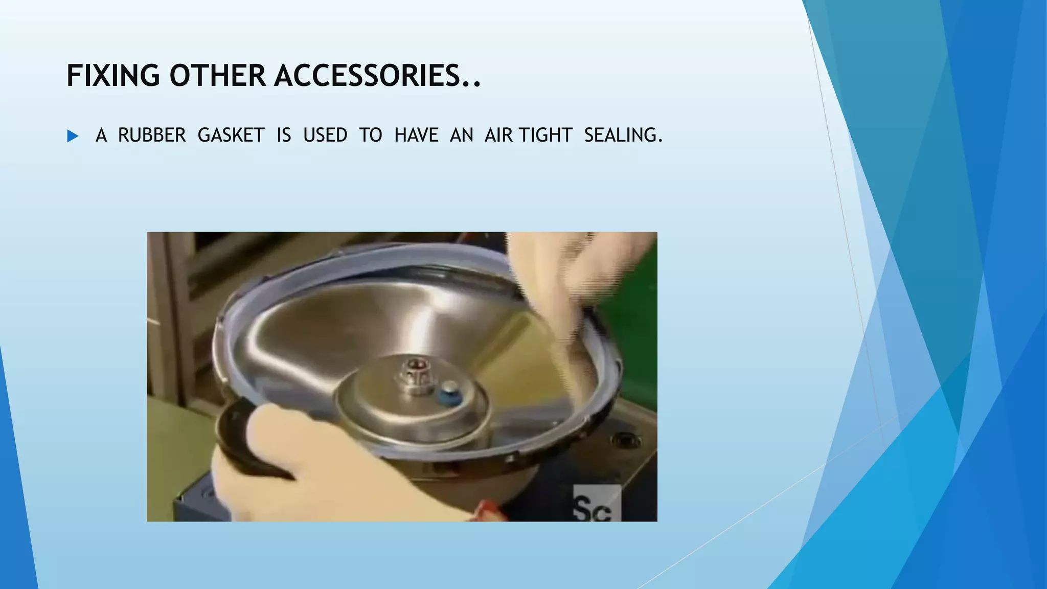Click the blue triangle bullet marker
[73, 136]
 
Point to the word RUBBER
[152, 135]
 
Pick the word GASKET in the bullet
[231, 135]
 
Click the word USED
[325, 135]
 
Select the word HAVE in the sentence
[416, 135]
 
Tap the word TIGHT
[545, 135]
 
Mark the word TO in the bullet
[370, 135]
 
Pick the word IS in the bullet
[284, 135]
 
